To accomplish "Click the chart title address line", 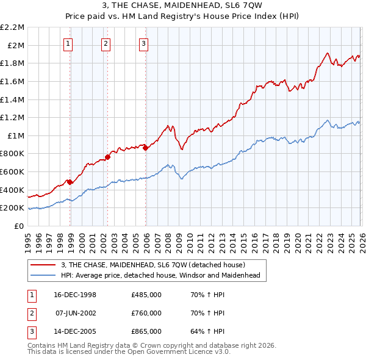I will click(x=183, y=5).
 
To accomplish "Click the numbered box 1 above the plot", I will click(x=68, y=43).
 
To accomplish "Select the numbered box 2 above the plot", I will click(x=106, y=43).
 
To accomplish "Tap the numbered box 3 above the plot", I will click(x=143, y=43).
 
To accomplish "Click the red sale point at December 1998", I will click(x=70, y=182).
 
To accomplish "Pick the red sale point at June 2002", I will click(x=107, y=157).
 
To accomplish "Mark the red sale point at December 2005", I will click(x=145, y=147).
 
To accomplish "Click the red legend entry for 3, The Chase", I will click(x=152, y=265).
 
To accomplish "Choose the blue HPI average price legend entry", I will click(x=160, y=276).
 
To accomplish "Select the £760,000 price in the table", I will click(x=146, y=313).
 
